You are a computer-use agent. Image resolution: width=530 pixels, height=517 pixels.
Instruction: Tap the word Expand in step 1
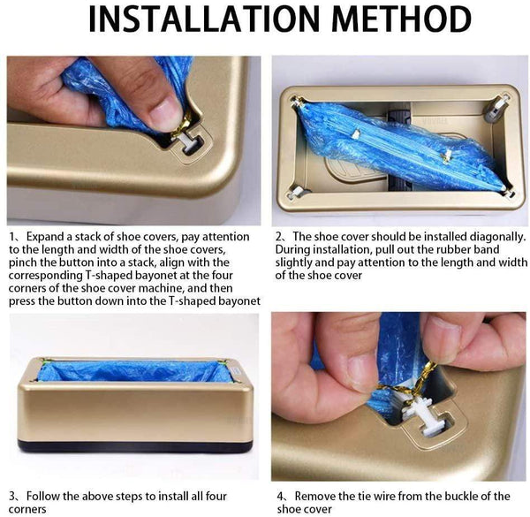pyautogui.click(x=49, y=237)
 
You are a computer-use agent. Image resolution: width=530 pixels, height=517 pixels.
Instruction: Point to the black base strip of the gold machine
pyautogui.click(x=132, y=445)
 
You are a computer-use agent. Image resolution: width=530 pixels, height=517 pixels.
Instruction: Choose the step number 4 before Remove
pyautogui.click(x=278, y=496)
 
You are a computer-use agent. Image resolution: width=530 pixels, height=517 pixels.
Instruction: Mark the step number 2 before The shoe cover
pyautogui.click(x=278, y=237)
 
